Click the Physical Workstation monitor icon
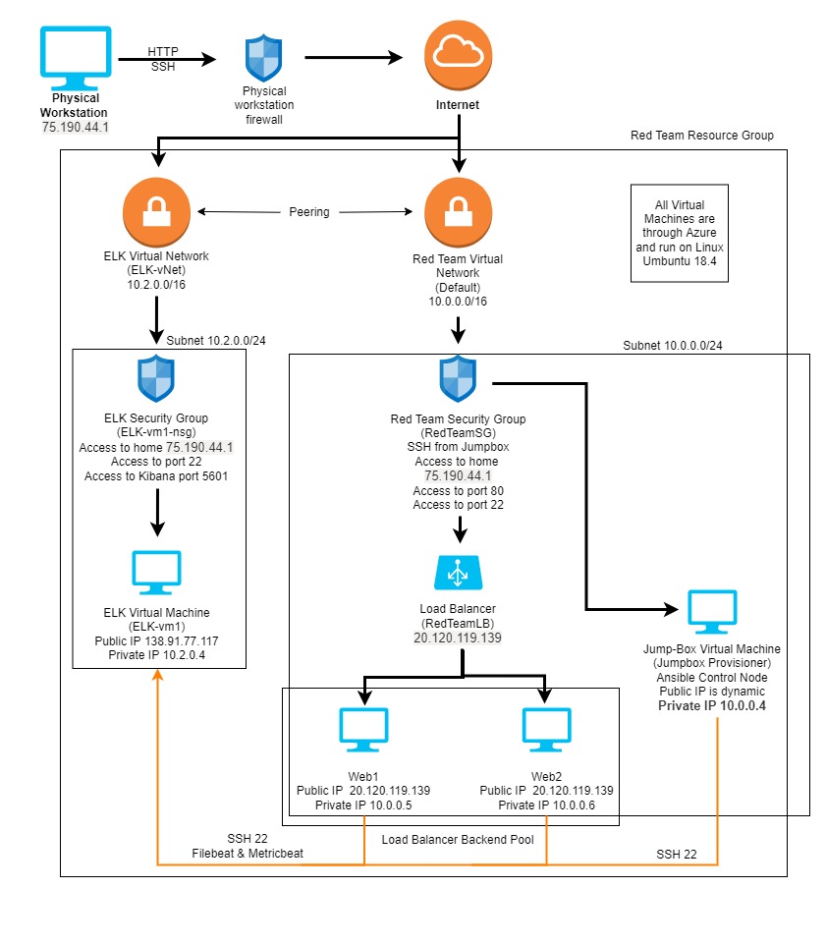click(75, 56)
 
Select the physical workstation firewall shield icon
click(262, 59)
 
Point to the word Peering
click(309, 211)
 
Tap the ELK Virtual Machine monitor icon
click(156, 573)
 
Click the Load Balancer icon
click(458, 573)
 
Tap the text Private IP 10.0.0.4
click(712, 705)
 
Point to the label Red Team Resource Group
click(701, 135)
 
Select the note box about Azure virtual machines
click(679, 234)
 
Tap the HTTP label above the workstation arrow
click(164, 50)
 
